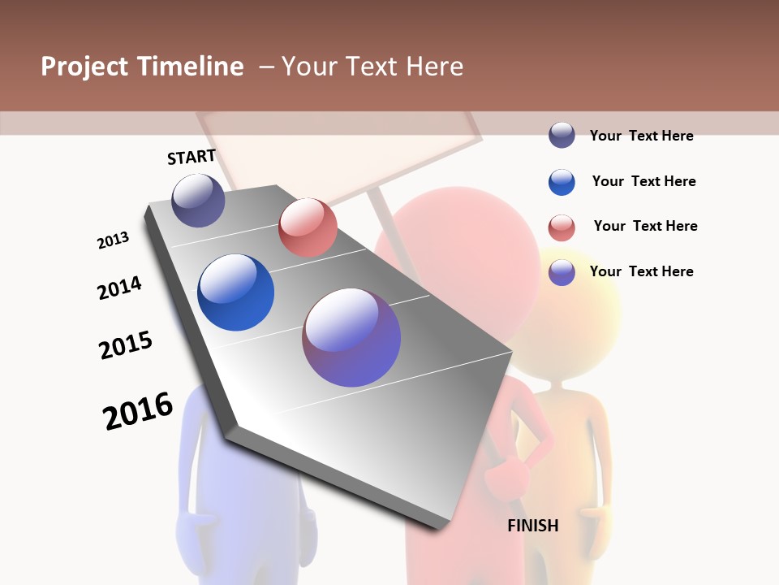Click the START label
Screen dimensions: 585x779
(192, 157)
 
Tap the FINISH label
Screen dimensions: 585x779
(533, 526)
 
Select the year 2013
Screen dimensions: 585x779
(113, 240)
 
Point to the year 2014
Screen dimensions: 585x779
(119, 288)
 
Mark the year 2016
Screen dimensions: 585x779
(138, 411)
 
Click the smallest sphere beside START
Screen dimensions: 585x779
(198, 200)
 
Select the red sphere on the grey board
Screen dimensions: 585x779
(308, 227)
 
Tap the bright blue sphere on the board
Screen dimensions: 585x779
(235, 292)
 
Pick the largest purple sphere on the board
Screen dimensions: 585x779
(351, 337)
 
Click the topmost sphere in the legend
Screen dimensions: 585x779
(562, 136)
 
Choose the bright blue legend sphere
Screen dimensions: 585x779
(562, 182)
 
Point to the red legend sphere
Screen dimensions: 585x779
(562, 227)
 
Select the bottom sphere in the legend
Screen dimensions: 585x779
(562, 272)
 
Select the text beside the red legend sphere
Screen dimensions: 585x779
(645, 226)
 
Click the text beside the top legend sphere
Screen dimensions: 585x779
(641, 136)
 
